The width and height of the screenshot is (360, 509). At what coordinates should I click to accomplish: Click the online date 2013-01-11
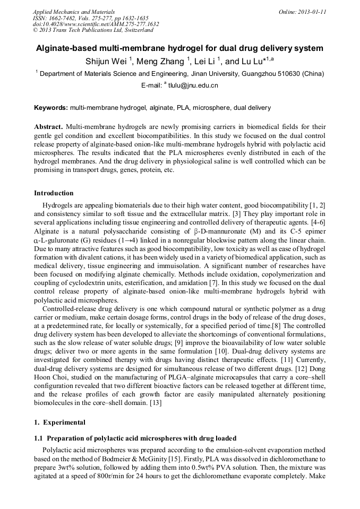313,12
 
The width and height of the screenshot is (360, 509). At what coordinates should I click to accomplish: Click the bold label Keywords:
51,108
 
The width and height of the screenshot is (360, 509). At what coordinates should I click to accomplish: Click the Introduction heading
54,193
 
